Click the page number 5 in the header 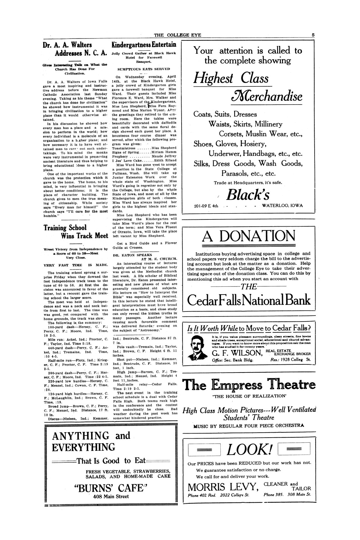[313, 35]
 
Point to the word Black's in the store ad [248, 195]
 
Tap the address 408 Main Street [111, 496]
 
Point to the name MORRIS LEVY [223, 487]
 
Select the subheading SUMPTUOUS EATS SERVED [144, 68]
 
